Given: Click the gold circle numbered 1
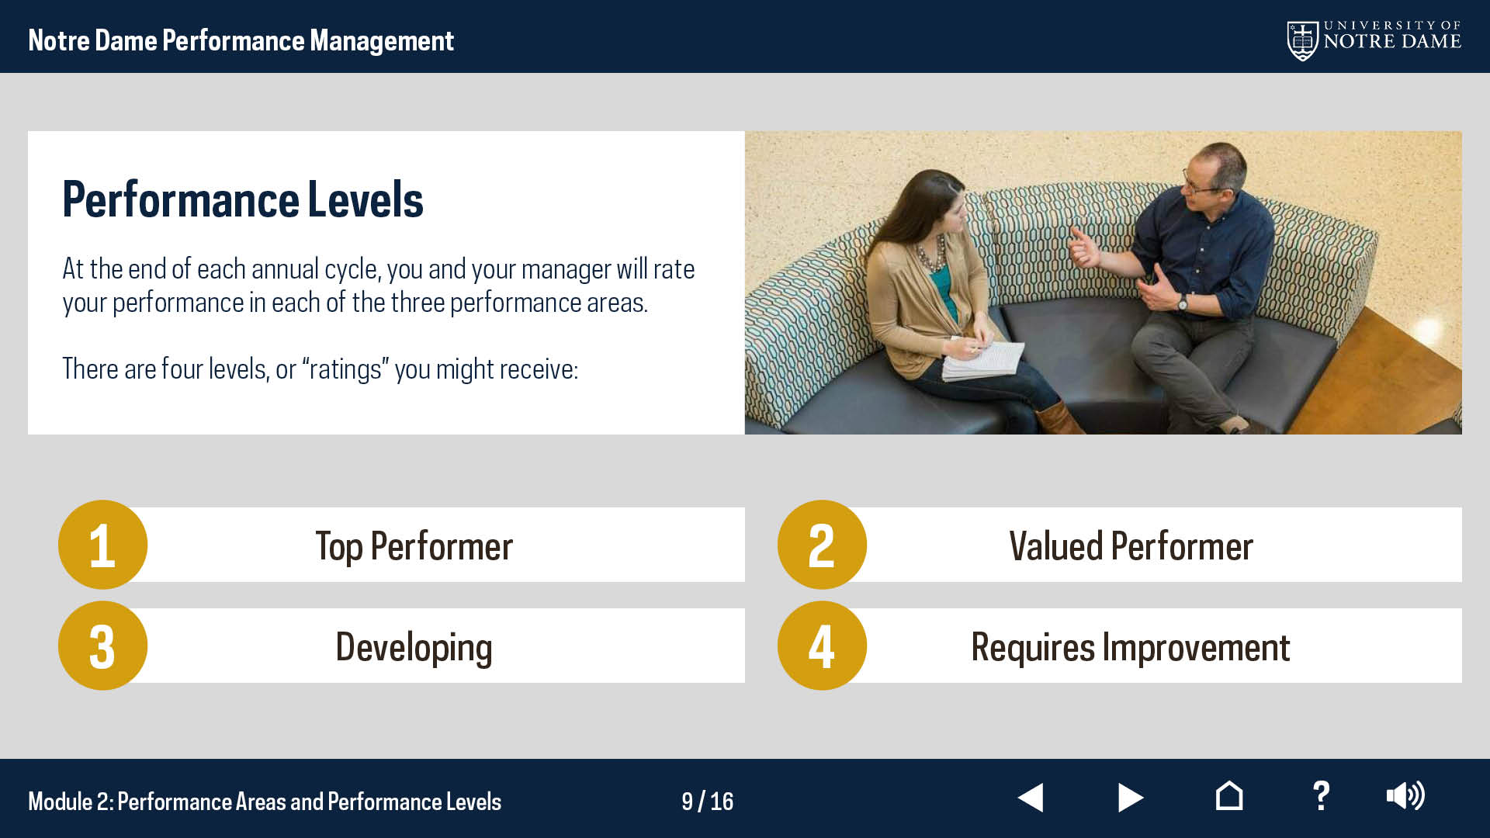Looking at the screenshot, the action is click(102, 545).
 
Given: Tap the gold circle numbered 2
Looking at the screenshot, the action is click(822, 545).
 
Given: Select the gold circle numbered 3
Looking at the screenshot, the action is click(102, 646).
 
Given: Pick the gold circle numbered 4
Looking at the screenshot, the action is click(822, 646).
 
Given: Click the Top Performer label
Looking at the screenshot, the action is click(414, 546).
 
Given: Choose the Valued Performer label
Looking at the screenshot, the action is click(1131, 546).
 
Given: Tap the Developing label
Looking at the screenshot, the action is click(414, 648).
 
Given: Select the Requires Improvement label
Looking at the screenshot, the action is click(1131, 648).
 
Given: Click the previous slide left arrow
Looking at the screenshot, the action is click(1031, 797).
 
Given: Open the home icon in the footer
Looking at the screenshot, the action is click(1229, 795).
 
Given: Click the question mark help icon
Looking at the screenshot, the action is click(1321, 796).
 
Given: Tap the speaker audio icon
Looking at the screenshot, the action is click(1405, 796).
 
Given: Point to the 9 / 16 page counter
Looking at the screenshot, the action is click(707, 802).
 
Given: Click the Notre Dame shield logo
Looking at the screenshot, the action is click(1303, 40).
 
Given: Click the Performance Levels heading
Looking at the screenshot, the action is click(243, 199).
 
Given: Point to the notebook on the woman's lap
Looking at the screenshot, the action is click(983, 361).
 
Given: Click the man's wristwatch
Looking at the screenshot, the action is click(1183, 302).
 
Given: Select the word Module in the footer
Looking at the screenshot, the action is click(60, 802).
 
